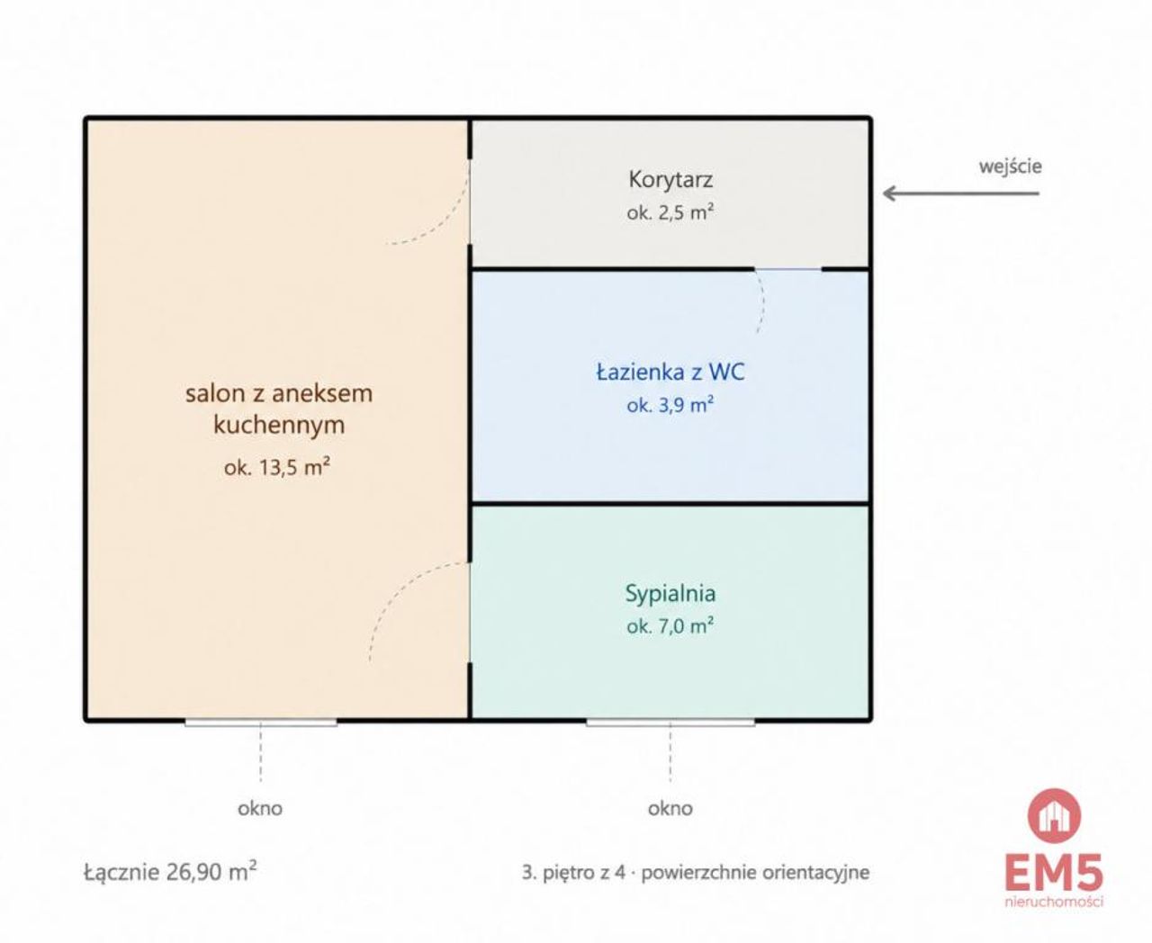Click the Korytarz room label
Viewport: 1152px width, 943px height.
coord(670,180)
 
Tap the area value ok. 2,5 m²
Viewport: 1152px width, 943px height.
coord(670,211)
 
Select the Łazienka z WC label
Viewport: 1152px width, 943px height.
coord(670,373)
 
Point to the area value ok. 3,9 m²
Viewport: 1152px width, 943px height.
coord(670,405)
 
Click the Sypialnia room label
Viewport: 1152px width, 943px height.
coord(670,594)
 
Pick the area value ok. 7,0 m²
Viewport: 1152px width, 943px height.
coord(670,625)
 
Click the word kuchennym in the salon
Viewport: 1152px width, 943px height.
coord(279,426)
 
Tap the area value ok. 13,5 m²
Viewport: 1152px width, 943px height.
coord(277,467)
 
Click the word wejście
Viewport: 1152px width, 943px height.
coord(1010,166)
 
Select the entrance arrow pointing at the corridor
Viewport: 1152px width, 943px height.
coord(961,193)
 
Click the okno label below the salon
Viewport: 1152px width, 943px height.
coord(260,809)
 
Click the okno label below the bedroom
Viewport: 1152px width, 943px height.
coord(670,809)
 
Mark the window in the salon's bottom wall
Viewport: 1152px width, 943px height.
coord(261,722)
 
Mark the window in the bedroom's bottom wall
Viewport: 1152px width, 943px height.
coord(670,722)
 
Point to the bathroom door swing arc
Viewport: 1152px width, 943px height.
coord(762,301)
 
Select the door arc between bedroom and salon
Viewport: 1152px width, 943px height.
coord(392,591)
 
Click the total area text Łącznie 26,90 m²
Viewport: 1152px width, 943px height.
coord(170,872)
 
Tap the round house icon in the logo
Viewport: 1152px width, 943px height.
coord(1054,816)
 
